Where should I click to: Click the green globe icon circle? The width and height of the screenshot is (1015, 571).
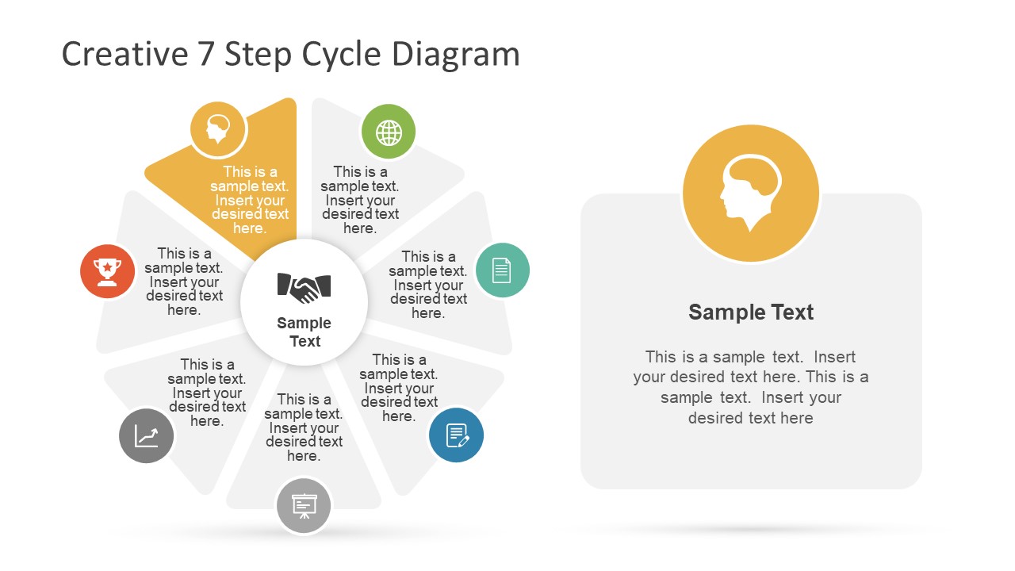(389, 132)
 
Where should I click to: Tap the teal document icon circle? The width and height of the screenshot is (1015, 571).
(502, 270)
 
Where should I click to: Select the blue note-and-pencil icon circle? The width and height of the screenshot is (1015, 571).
(457, 435)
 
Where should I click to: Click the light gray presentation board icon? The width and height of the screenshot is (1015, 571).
(304, 505)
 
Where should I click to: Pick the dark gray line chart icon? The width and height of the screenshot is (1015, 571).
(147, 436)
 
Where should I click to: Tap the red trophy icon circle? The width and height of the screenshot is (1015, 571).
(108, 271)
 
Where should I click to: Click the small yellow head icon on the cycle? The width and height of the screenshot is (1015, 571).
(218, 128)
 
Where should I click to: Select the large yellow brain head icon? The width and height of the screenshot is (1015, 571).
(750, 194)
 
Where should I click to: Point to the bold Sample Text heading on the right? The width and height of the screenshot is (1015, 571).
(751, 312)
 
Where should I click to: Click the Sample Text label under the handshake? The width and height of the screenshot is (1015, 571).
(304, 332)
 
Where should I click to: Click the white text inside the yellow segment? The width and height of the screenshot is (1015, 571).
(249, 200)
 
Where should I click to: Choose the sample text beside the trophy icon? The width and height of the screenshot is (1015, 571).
(184, 282)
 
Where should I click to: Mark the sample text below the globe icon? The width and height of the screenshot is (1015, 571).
(360, 200)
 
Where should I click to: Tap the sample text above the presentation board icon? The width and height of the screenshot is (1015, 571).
(304, 427)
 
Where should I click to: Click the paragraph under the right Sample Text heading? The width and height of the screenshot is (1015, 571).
(751, 387)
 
